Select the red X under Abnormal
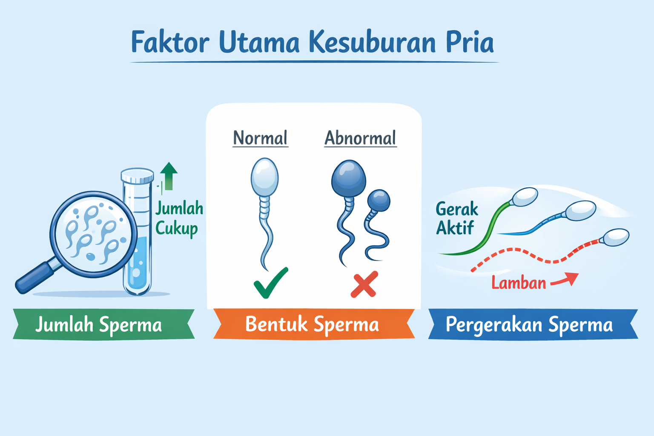pos(364,284)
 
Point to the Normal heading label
pos(260,138)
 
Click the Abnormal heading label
pos(360,138)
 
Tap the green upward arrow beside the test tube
pos(169,175)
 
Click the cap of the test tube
pos(137,175)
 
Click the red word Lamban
pos(519,283)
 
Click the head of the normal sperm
pos(264,176)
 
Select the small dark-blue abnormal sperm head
pos(379,200)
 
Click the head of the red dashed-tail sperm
pos(616,237)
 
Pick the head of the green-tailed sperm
pos(525,197)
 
